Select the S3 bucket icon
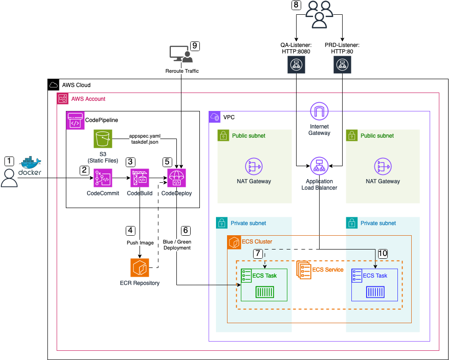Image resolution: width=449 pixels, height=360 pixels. click(x=103, y=139)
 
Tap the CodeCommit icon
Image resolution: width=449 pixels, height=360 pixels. click(x=103, y=178)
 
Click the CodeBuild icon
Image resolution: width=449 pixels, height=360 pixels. click(x=140, y=178)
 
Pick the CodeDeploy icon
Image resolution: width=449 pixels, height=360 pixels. click(x=176, y=178)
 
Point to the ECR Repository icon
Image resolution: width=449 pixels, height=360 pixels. click(x=140, y=267)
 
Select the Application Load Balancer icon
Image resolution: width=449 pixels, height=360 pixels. click(x=319, y=166)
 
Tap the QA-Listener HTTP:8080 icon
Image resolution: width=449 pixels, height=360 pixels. click(x=295, y=65)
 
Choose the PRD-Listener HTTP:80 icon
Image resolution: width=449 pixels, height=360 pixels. click(x=342, y=65)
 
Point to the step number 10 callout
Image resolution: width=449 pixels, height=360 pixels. click(x=383, y=253)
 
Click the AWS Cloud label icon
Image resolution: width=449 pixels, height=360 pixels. click(x=53, y=85)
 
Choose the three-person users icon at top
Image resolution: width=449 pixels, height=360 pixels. click(x=319, y=14)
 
